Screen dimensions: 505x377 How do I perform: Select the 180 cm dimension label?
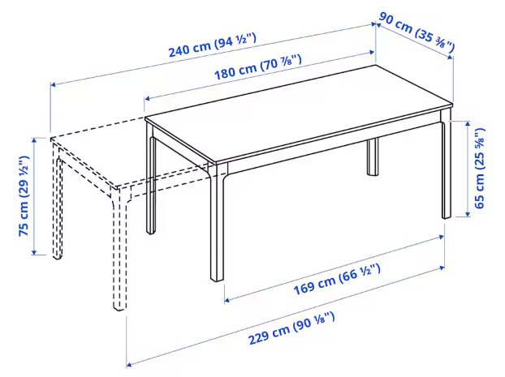point(258,67)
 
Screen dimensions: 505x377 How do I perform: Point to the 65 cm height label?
point(480,168)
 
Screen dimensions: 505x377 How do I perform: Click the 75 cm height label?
point(24,196)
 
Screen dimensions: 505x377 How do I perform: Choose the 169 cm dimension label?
point(337,280)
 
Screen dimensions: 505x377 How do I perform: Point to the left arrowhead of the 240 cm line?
point(53,84)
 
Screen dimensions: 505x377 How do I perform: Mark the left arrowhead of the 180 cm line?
point(148,98)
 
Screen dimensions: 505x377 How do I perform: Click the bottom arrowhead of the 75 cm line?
point(34,252)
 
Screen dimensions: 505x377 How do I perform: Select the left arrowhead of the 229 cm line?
point(129,365)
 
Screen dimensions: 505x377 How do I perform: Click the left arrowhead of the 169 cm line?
point(227,301)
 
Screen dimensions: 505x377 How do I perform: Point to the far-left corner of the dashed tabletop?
point(50,139)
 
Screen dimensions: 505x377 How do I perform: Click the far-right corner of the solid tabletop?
point(452,104)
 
